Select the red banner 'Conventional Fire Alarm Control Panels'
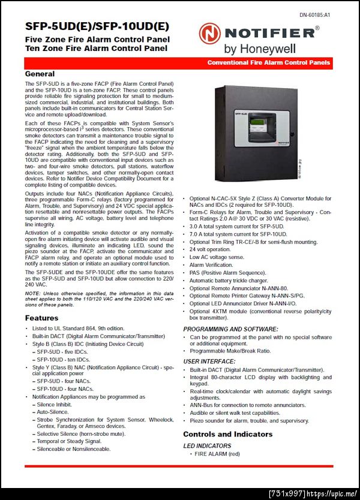268,63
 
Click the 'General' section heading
40,73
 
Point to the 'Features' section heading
42,318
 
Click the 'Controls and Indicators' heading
227,434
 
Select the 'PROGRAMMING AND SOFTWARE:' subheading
230,329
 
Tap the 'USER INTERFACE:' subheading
209,362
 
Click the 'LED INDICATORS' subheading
207,445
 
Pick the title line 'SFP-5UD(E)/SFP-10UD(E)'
97,27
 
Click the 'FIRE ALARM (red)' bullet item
217,454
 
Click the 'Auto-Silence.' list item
53,412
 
